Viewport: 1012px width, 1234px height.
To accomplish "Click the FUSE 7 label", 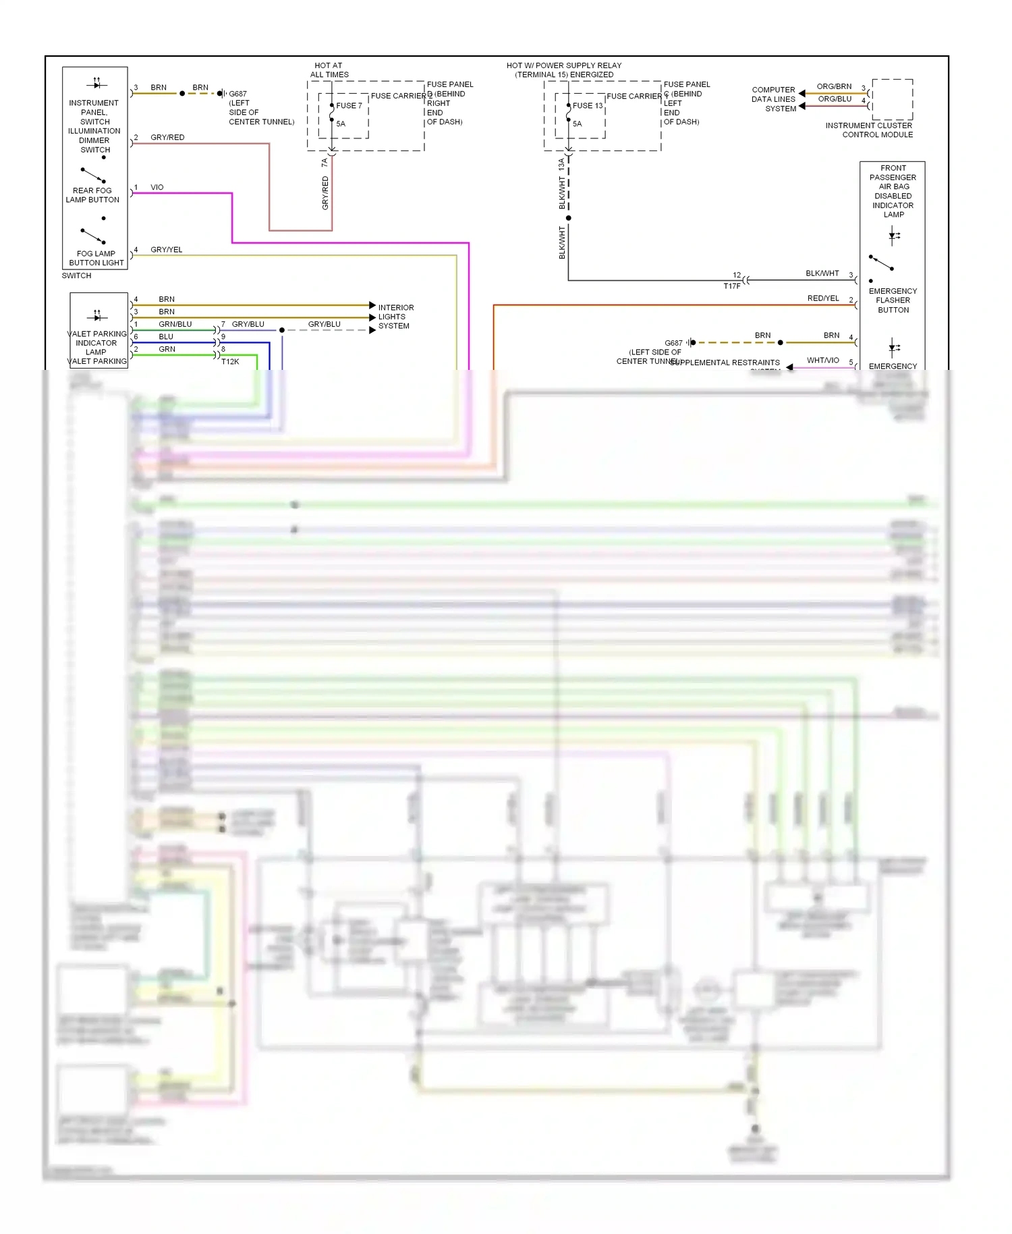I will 349,105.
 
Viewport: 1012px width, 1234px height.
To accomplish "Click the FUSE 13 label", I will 587,105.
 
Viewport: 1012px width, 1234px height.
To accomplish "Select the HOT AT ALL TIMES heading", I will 329,70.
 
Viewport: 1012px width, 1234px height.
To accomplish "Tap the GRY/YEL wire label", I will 166,250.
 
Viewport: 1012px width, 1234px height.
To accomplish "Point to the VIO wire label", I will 157,187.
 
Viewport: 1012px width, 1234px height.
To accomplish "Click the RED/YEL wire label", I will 822,298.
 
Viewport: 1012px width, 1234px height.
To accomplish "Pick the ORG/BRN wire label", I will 834,86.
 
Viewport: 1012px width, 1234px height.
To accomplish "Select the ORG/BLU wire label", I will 835,99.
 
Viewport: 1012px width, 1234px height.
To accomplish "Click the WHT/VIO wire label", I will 822,360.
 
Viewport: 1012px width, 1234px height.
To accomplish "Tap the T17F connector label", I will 731,286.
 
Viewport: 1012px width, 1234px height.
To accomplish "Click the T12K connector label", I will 230,362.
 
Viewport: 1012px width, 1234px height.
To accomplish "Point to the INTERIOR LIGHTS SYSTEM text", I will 395,317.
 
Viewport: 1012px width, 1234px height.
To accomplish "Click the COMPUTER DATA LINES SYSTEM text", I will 774,99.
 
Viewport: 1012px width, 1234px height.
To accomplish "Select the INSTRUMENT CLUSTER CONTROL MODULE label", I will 869,130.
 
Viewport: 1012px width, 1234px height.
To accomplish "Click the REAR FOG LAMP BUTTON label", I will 92,195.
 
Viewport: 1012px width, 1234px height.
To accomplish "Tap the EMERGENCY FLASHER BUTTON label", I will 893,300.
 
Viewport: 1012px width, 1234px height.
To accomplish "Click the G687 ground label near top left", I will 237,94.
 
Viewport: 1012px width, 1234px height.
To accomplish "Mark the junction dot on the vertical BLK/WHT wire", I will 568,218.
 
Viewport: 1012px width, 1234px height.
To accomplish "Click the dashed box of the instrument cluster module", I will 892,99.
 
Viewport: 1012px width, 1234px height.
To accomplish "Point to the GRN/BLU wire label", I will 175,324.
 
